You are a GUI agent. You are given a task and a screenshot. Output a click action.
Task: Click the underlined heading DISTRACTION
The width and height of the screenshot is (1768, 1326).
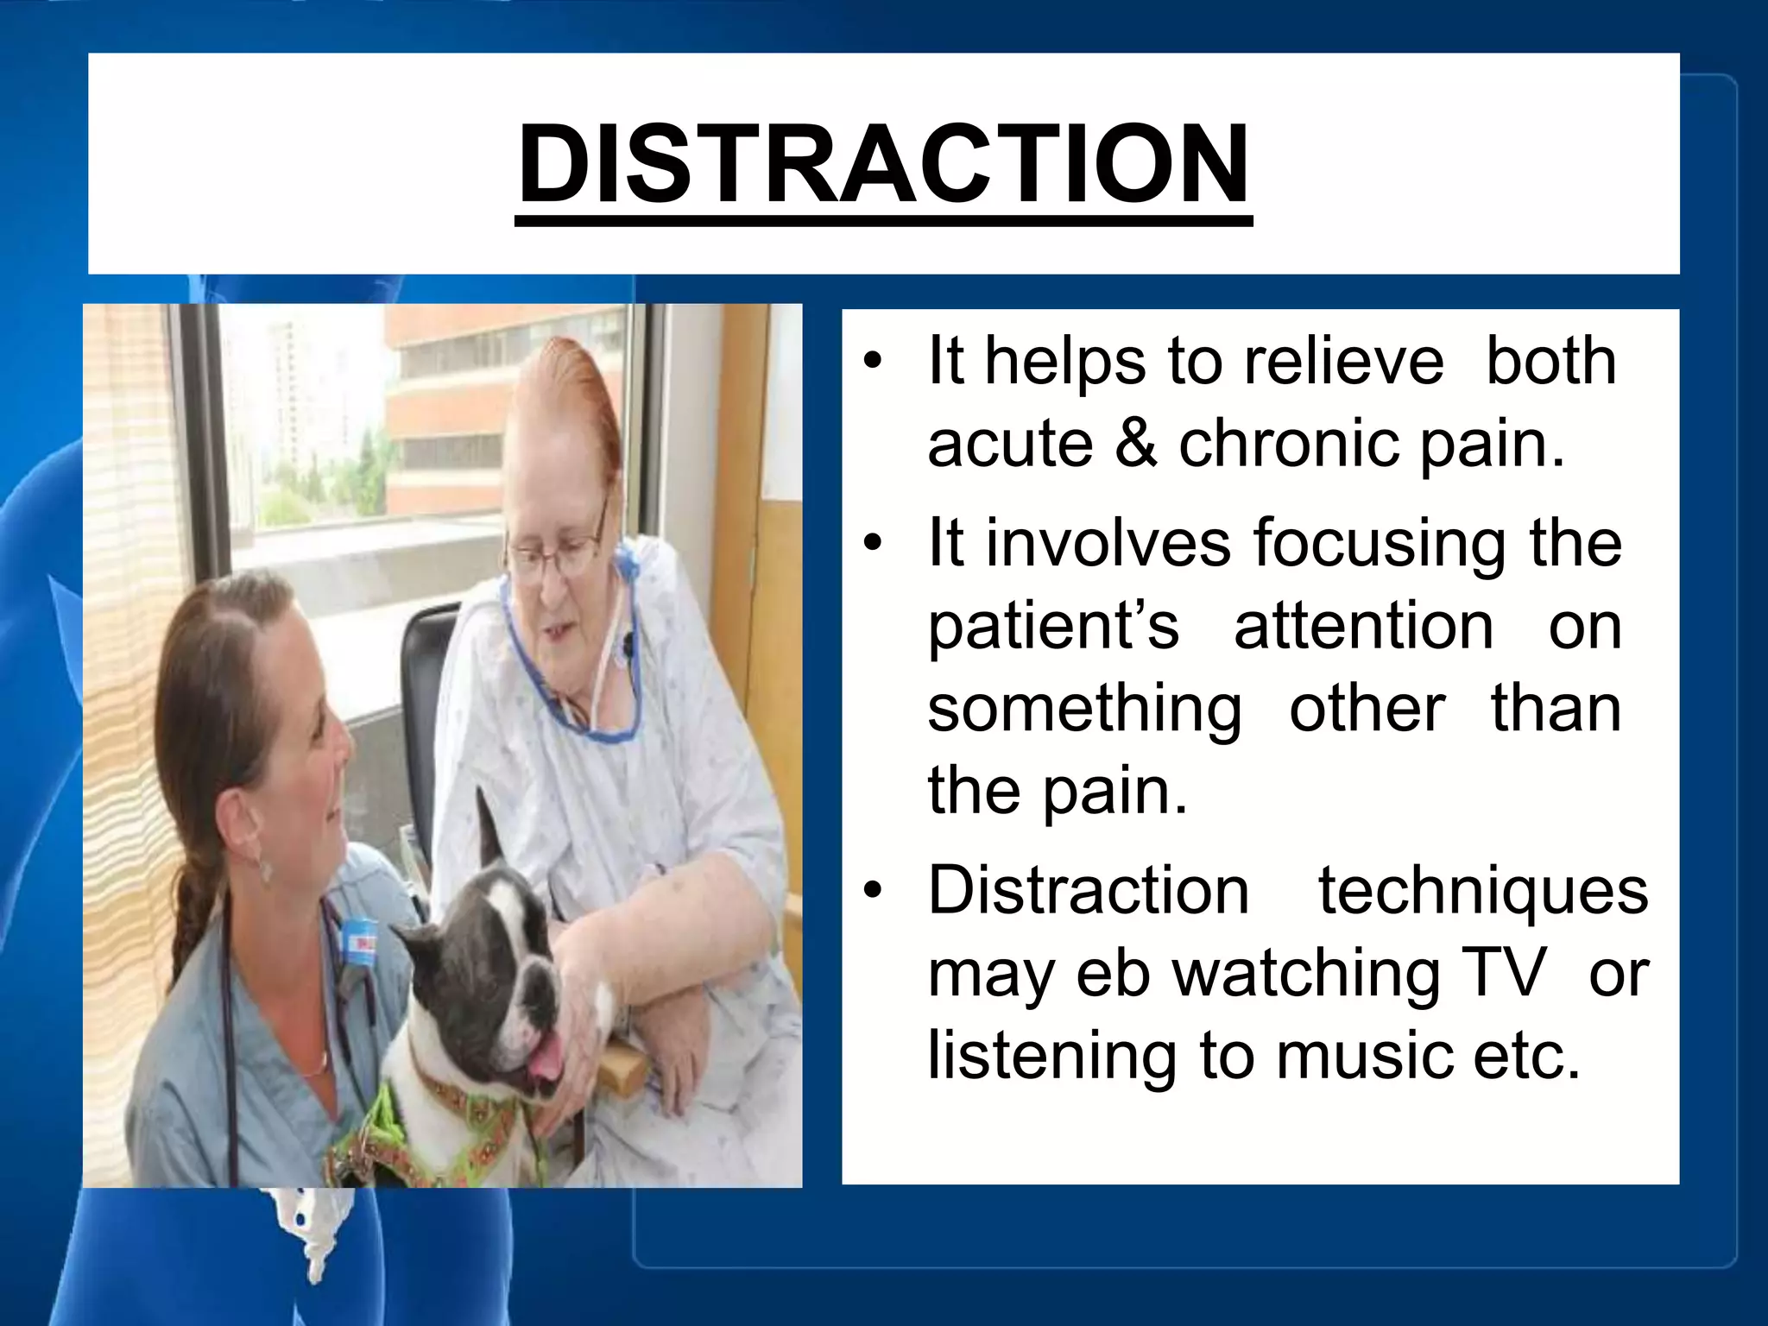point(883,164)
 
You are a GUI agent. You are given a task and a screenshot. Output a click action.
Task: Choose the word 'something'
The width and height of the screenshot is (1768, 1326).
point(1084,710)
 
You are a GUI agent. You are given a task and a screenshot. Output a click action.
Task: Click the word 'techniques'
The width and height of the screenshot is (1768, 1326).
point(1482,891)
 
